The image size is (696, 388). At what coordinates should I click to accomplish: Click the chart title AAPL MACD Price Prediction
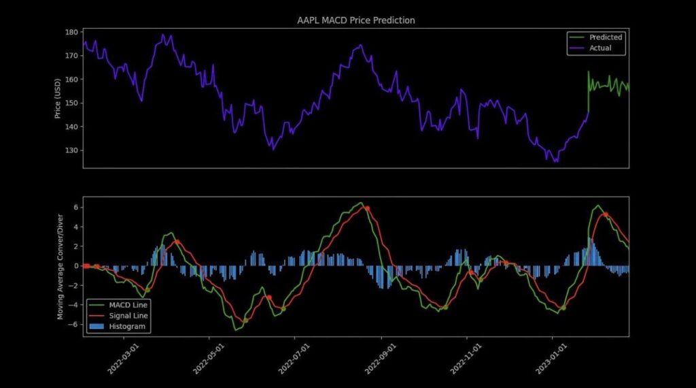(356, 20)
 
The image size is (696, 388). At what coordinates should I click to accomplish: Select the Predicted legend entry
(595, 37)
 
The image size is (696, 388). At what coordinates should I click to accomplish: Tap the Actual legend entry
(591, 48)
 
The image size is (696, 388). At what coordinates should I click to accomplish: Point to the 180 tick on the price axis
(71, 33)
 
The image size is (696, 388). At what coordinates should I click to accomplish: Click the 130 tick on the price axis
(71, 150)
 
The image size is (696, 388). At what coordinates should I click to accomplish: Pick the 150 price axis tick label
(71, 103)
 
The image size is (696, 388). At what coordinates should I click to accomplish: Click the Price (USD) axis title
(57, 99)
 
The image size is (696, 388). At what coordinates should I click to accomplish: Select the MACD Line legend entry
(118, 305)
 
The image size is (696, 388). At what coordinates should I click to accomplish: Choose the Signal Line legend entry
(118, 316)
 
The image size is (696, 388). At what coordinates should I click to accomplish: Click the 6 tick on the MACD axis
(76, 208)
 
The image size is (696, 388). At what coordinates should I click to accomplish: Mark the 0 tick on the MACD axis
(76, 265)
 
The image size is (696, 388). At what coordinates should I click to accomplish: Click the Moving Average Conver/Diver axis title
(60, 267)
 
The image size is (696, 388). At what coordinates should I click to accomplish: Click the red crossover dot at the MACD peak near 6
(367, 208)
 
